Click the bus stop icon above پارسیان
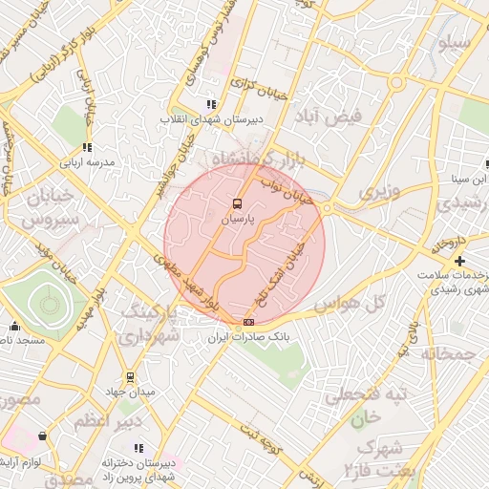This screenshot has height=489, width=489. (237, 203)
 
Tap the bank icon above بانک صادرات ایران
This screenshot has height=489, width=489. (249, 323)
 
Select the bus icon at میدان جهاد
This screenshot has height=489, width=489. (131, 378)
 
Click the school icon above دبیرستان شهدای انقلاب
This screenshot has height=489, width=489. (210, 104)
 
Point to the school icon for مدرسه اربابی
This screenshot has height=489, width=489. (87, 147)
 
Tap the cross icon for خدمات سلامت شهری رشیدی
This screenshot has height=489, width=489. (460, 261)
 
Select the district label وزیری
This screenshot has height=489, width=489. (377, 192)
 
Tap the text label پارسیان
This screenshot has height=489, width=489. (239, 220)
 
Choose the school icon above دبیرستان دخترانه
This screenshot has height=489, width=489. (139, 447)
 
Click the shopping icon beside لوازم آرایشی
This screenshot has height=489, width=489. (42, 436)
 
